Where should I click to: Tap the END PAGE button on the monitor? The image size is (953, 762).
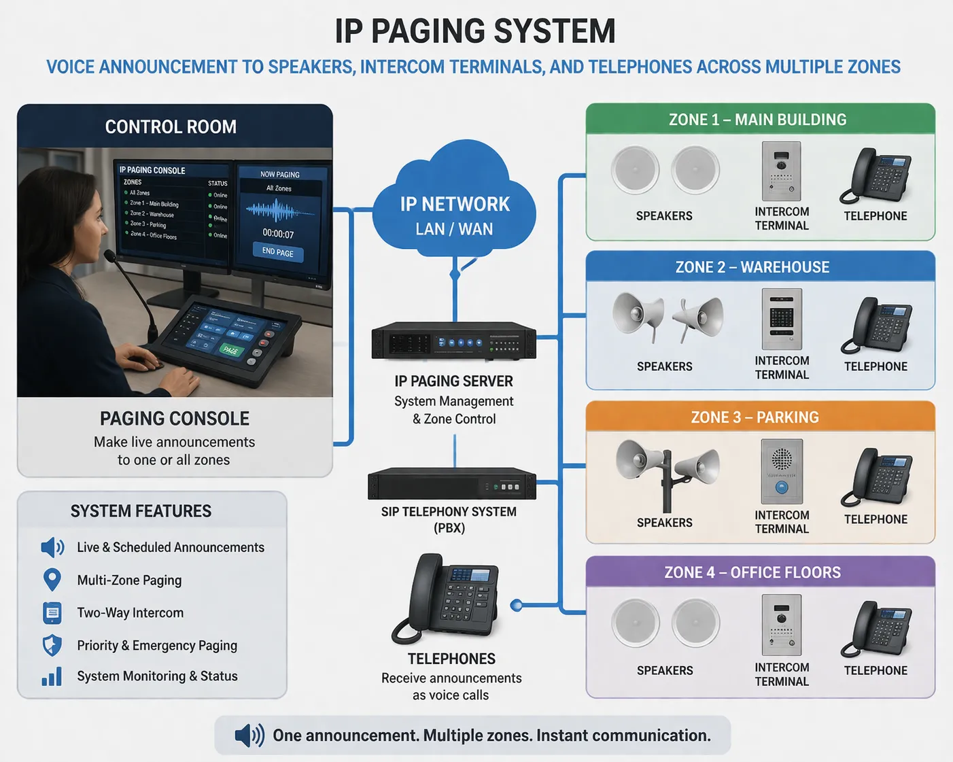coord(278,252)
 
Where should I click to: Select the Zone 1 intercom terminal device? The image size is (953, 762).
coord(781,170)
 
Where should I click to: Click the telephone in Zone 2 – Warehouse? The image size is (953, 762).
coord(877,325)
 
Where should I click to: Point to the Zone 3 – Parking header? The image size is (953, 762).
coord(755,417)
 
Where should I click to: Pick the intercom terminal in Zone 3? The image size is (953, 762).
coord(782,470)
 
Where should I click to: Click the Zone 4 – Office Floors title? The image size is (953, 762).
coord(752,572)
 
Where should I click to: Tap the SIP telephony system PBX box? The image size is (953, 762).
coord(451,484)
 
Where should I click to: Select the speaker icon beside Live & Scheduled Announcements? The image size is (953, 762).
coord(52,547)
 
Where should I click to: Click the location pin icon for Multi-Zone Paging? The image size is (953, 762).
coord(52,580)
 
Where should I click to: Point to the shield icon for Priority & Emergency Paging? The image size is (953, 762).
coord(52,645)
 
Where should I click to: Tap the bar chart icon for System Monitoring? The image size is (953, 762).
coord(52,676)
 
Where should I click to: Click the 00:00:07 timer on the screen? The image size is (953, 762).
coord(278,234)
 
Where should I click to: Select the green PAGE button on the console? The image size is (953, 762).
coord(230,350)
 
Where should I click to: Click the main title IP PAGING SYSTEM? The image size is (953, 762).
coord(475,31)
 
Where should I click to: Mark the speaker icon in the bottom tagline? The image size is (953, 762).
coord(249,735)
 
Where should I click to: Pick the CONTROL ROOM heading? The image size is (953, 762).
coord(171,127)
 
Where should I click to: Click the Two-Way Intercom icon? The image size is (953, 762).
coord(52,612)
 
